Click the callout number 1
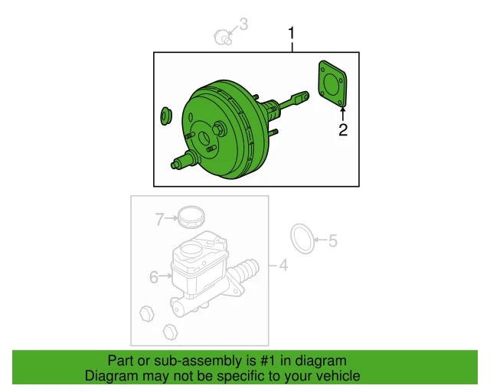coord(291,33)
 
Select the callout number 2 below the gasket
coord(343,130)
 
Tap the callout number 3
coord(243,26)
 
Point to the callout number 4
coord(283,266)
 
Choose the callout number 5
coord(332,241)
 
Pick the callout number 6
coord(154,277)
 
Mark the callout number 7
coord(159,220)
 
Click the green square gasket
coord(332,83)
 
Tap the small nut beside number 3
coord(223,35)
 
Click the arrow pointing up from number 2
coord(343,115)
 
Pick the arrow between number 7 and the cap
coord(171,220)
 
